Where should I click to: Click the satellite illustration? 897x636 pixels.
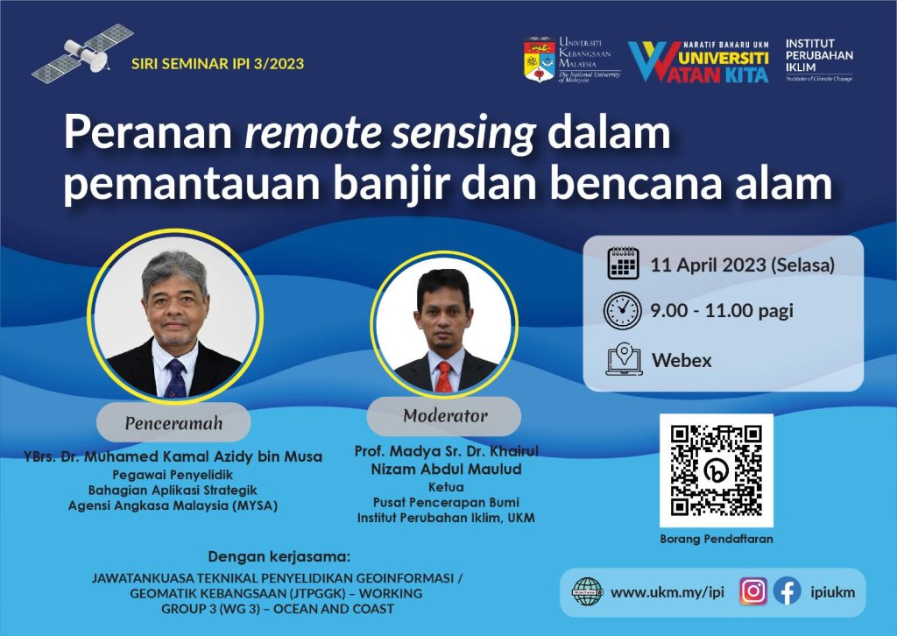(82, 53)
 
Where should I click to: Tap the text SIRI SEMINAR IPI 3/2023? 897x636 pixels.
(217, 63)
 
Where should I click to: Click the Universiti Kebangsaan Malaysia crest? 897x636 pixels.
(540, 60)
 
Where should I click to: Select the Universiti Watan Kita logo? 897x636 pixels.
(698, 62)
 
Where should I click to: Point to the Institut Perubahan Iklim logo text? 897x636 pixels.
(819, 60)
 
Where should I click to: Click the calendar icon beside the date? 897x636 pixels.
(623, 263)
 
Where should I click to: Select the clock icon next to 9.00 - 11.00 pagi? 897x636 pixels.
(623, 311)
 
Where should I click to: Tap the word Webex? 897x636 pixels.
(682, 360)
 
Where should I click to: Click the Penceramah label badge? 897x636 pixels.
(173, 423)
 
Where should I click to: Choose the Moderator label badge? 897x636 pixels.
(444, 416)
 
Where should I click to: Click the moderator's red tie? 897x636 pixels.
(444, 377)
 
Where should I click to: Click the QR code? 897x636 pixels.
(717, 470)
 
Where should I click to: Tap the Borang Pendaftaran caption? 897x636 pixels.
(717, 539)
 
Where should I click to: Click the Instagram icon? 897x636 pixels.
(753, 591)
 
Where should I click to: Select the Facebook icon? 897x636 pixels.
(788, 591)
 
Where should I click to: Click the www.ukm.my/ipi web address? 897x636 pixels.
(667, 592)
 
